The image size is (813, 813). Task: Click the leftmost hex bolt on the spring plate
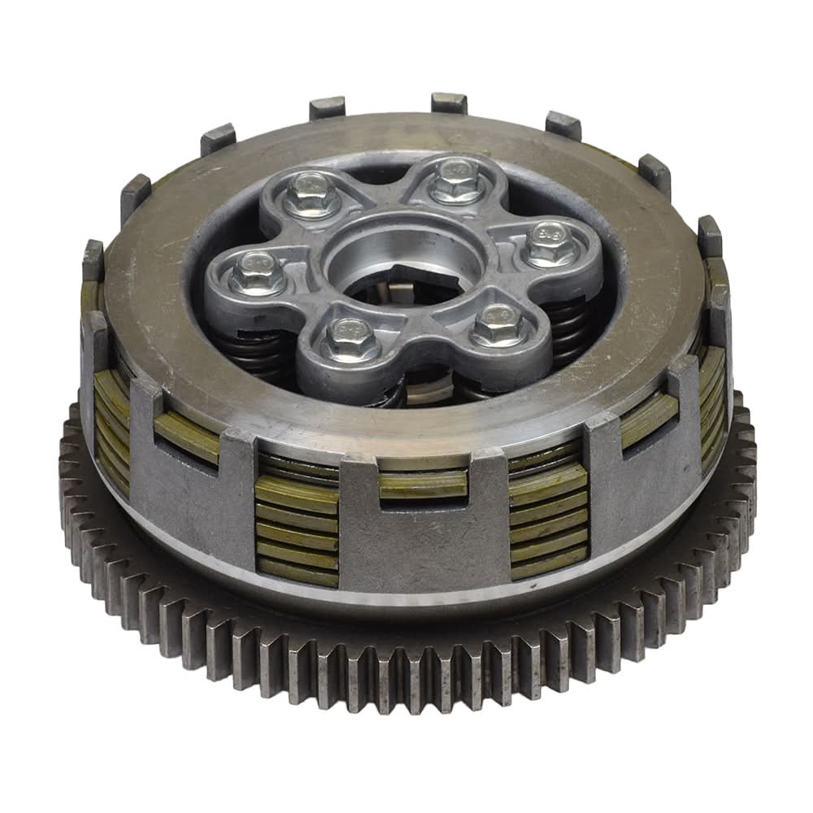click(x=256, y=274)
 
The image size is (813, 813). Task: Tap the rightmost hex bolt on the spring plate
click(x=552, y=244)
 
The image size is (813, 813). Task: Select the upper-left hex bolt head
click(x=312, y=196)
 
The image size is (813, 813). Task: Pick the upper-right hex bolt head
click(x=456, y=181)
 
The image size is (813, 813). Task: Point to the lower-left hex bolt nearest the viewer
click(x=350, y=341)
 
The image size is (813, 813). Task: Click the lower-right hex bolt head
click(x=497, y=325)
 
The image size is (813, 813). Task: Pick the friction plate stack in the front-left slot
click(x=296, y=529)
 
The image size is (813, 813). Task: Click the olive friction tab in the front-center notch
click(x=422, y=485)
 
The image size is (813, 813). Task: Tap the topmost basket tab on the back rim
click(x=449, y=102)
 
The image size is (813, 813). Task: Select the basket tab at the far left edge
click(x=93, y=260)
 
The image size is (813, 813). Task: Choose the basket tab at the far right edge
click(x=709, y=236)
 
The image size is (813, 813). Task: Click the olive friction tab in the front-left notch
click(x=186, y=436)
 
